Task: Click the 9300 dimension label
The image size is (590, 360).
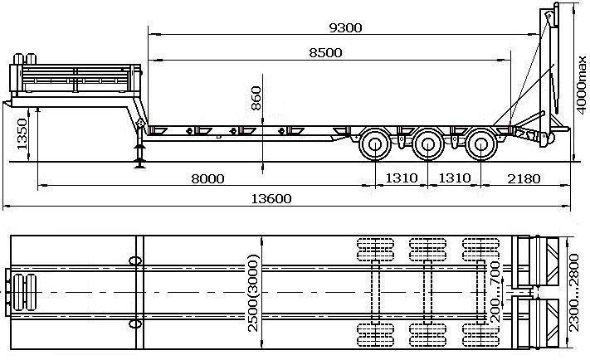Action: (x=345, y=28)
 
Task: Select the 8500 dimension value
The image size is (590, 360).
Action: (x=325, y=52)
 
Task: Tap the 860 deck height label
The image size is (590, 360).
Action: (x=256, y=98)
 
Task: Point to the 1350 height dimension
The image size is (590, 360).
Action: (x=22, y=134)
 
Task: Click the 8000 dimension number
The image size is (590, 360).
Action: (x=207, y=178)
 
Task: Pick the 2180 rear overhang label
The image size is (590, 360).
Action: (x=524, y=178)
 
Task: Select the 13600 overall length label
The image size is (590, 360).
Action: (x=271, y=198)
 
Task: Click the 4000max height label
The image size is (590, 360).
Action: (x=582, y=85)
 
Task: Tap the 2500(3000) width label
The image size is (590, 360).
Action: (x=254, y=294)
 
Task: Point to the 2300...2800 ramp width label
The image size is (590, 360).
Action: (x=573, y=293)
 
